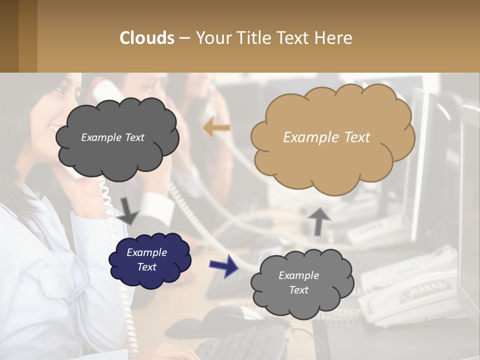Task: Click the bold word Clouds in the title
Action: [147, 38]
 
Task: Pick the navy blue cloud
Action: [150, 260]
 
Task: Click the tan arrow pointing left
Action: [216, 128]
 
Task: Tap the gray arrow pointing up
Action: [319, 220]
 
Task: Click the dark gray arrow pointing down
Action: [128, 210]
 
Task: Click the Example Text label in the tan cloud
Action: [326, 137]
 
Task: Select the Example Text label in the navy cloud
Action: [146, 259]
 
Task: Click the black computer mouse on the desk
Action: [225, 313]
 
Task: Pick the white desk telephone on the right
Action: [410, 295]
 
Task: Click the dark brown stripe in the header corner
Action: [9, 36]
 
